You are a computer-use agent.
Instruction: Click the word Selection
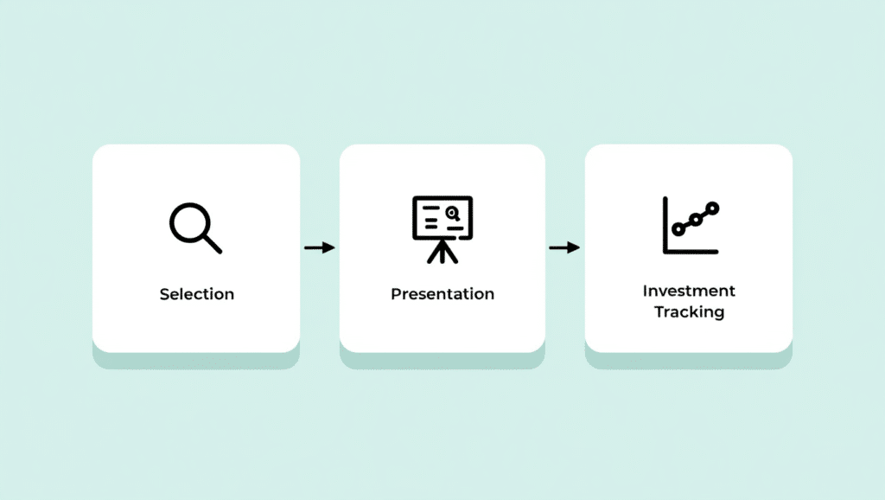click(x=196, y=294)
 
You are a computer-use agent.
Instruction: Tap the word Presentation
click(x=442, y=294)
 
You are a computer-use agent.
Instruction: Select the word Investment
click(x=689, y=291)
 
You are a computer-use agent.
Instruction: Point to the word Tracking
click(x=689, y=312)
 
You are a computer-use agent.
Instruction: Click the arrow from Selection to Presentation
click(x=320, y=247)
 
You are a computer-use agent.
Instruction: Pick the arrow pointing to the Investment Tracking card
click(x=564, y=247)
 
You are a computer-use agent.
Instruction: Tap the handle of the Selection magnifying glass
click(x=213, y=244)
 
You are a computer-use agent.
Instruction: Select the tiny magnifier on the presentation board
click(x=453, y=214)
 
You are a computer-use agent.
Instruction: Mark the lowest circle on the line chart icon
click(x=678, y=229)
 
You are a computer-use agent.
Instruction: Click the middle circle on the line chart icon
click(x=696, y=219)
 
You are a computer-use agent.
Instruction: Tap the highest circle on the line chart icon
click(x=713, y=208)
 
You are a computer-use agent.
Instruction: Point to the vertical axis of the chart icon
click(x=665, y=225)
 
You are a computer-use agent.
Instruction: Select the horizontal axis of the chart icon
click(x=691, y=252)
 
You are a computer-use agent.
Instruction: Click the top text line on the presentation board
click(x=431, y=208)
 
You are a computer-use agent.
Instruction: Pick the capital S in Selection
click(x=165, y=294)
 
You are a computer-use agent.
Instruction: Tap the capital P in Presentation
click(x=396, y=294)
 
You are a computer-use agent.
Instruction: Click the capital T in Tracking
click(x=659, y=311)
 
